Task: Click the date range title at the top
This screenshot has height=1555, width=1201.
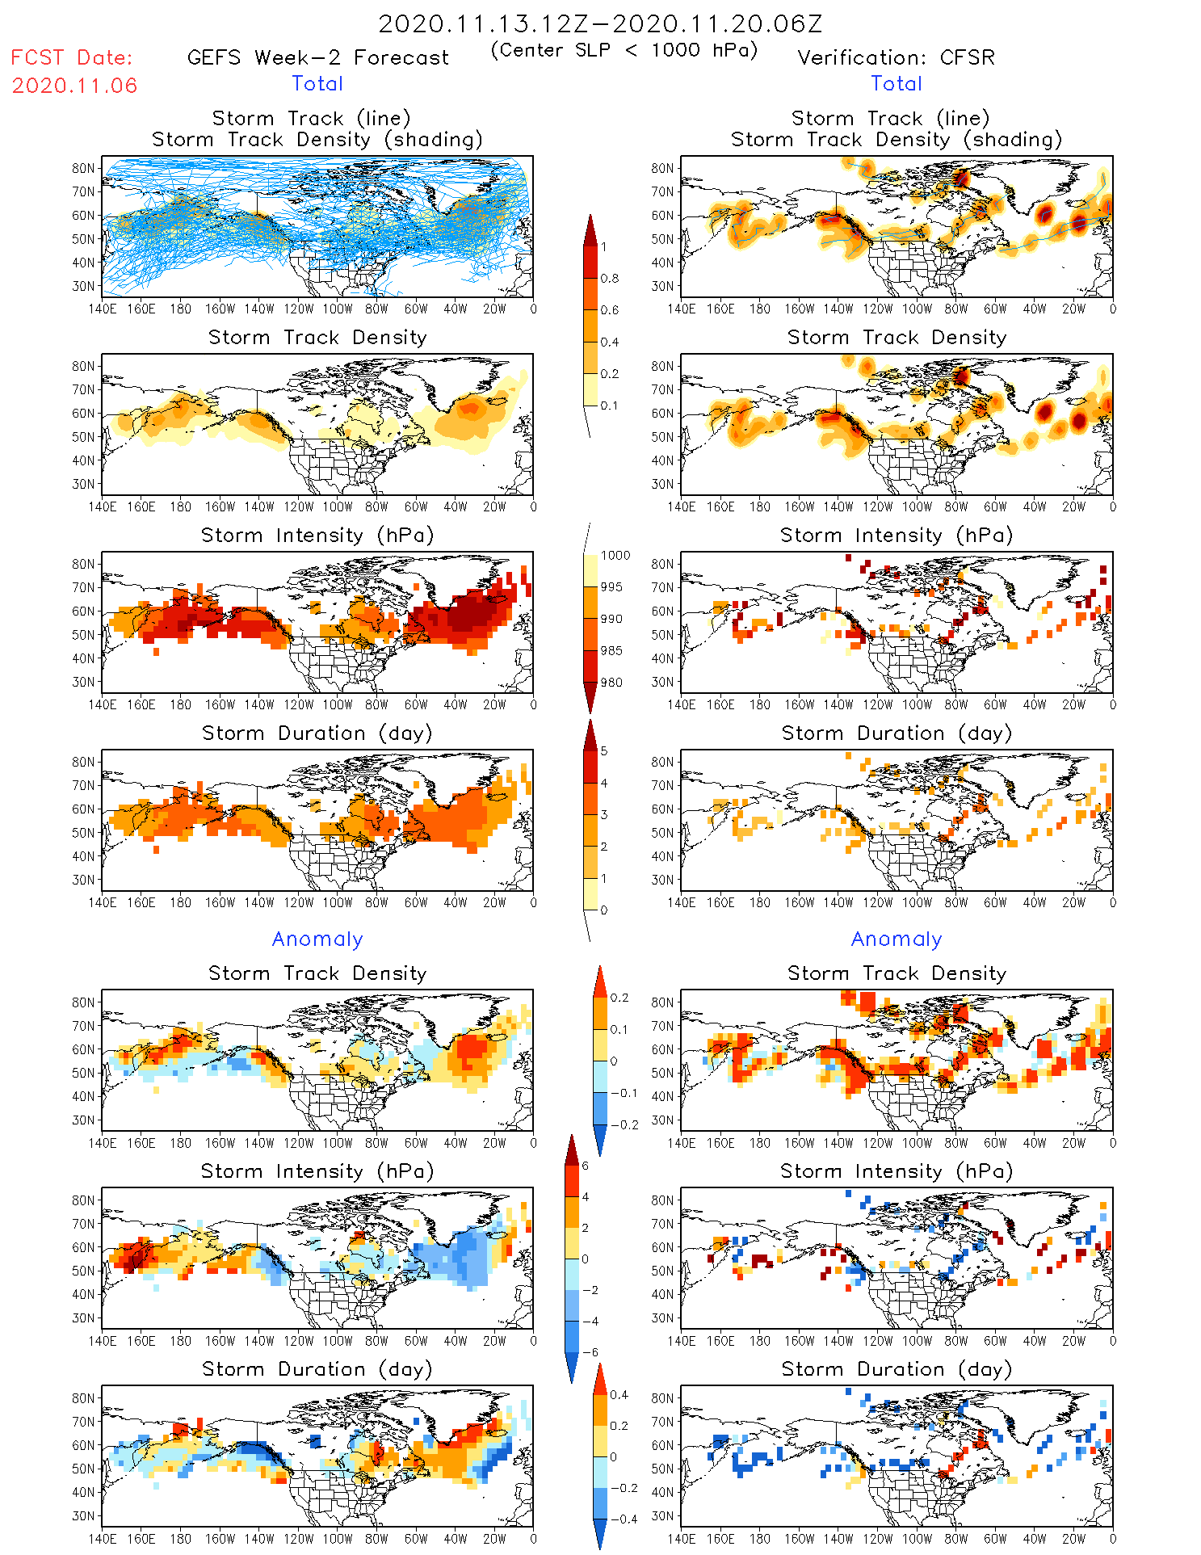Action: [x=600, y=24]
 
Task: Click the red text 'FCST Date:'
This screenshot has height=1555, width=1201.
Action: [x=72, y=58]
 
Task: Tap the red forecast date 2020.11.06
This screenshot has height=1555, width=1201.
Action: [x=74, y=86]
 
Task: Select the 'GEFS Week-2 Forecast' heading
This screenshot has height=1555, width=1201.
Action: [x=317, y=58]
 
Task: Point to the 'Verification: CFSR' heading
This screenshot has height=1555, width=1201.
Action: [x=896, y=58]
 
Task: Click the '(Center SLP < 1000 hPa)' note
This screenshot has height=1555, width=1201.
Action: [x=624, y=50]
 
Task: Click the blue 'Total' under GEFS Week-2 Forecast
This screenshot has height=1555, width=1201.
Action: [x=317, y=84]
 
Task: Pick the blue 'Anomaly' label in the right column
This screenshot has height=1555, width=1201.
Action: [x=897, y=939]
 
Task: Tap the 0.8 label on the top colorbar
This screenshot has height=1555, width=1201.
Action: [x=610, y=279]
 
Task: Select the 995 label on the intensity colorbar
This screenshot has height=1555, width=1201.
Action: [x=611, y=587]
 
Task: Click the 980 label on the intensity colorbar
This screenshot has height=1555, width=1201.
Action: [x=611, y=683]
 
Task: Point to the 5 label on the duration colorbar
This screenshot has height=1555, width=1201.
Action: [x=604, y=751]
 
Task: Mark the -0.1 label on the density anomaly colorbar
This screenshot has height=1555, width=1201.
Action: [x=624, y=1093]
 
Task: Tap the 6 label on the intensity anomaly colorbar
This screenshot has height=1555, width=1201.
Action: [x=586, y=1166]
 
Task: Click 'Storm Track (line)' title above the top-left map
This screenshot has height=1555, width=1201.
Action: [x=311, y=119]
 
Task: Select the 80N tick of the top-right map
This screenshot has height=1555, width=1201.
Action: [x=662, y=168]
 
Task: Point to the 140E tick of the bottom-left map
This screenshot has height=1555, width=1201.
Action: [x=103, y=1539]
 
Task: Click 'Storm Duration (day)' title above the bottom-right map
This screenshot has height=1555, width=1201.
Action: [x=897, y=1369]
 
